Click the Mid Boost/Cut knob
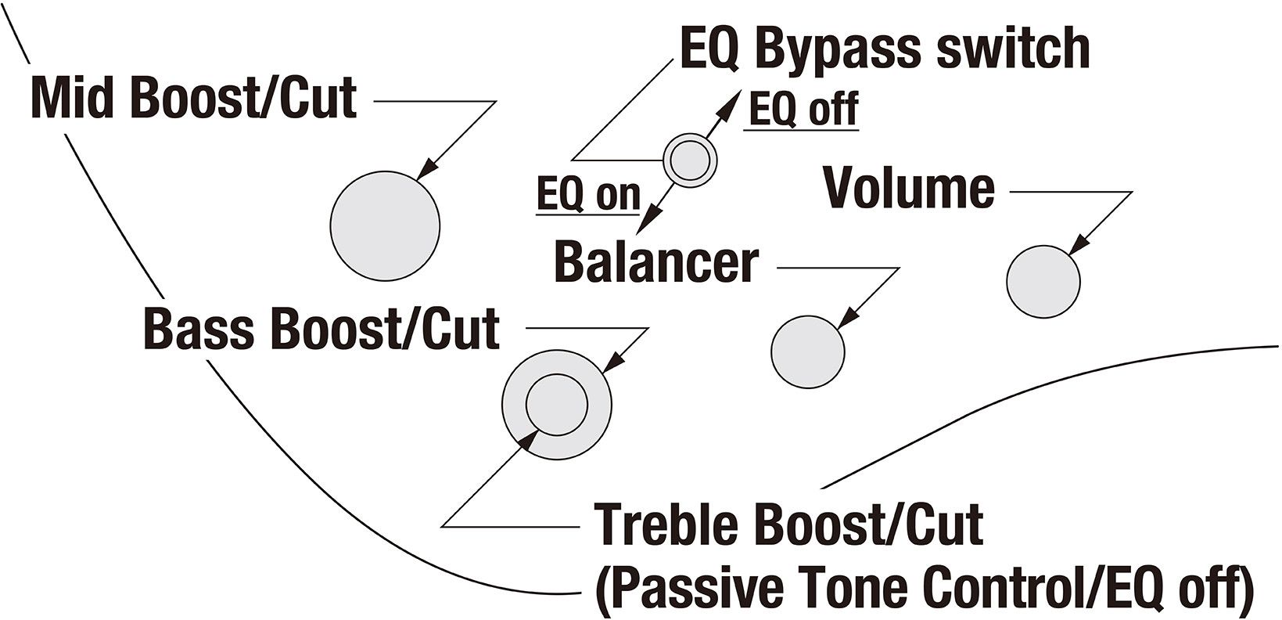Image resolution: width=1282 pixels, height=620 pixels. (x=385, y=225)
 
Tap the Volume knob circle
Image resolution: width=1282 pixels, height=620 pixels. (x=1043, y=282)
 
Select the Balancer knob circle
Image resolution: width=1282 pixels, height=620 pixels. (x=808, y=351)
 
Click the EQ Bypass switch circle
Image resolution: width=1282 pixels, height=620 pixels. (x=690, y=160)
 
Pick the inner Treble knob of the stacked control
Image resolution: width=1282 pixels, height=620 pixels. (x=556, y=404)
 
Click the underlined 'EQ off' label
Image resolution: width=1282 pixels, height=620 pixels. (x=803, y=109)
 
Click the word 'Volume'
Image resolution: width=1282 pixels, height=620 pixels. (x=909, y=189)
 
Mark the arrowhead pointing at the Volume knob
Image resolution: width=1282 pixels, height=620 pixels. (x=1079, y=244)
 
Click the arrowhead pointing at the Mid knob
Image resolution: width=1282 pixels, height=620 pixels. (x=427, y=171)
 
